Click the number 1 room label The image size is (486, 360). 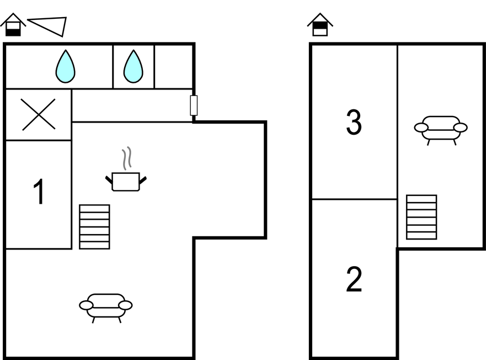click(x=39, y=193)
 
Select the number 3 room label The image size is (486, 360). click(x=354, y=123)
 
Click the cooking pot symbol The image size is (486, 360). click(x=126, y=181)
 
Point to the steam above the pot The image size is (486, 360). click(x=127, y=158)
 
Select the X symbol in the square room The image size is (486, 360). click(x=39, y=114)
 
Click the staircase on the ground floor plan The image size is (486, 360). click(x=94, y=226)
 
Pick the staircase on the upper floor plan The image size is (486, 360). click(x=421, y=217)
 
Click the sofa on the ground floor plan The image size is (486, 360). click(x=106, y=306)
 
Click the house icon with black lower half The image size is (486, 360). click(x=13, y=25)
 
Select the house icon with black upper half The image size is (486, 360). click(x=320, y=25)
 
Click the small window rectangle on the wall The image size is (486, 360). click(x=194, y=105)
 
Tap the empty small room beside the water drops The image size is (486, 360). click(x=173, y=66)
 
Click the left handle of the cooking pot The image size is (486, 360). click(x=109, y=178)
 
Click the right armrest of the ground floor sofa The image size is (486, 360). click(x=125, y=305)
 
